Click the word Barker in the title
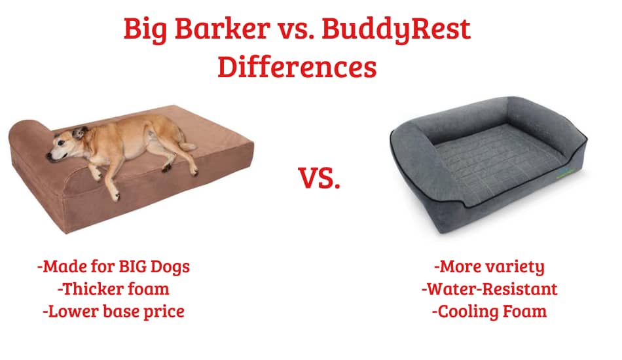(222, 29)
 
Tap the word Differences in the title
(297, 67)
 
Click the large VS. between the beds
(320, 178)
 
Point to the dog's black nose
(49, 156)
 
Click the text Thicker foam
(113, 289)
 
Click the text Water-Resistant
(490, 289)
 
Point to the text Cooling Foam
(490, 311)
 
